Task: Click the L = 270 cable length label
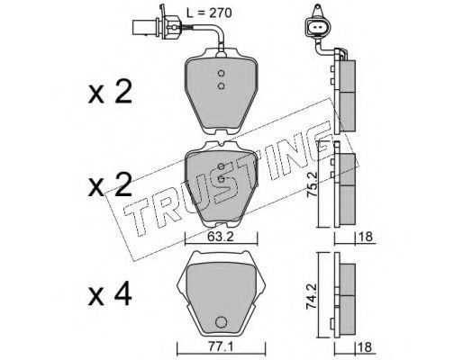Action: (x=209, y=13)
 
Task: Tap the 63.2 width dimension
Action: (x=221, y=237)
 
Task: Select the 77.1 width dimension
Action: (x=221, y=347)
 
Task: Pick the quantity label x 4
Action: (x=110, y=294)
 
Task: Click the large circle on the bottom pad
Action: (x=221, y=322)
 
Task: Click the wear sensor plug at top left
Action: (x=157, y=26)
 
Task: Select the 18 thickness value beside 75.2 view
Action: (x=366, y=237)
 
